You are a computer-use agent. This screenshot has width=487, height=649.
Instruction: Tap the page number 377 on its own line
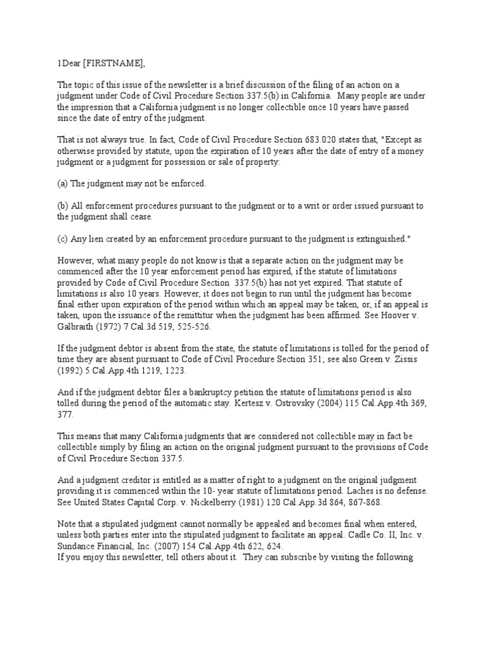point(65,414)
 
